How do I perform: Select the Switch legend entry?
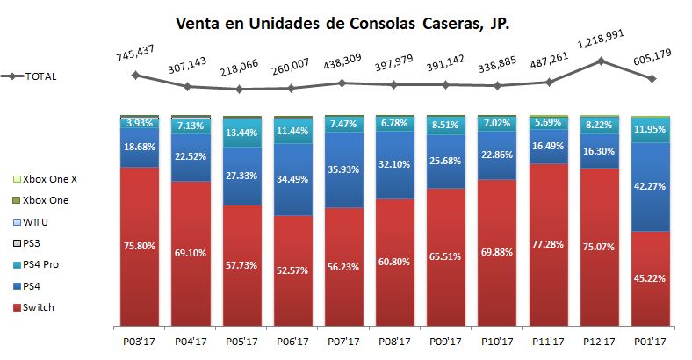pyautogui.click(x=35, y=306)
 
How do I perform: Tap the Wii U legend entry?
pyautogui.click(x=35, y=221)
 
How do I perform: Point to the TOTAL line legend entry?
pyautogui.click(x=31, y=76)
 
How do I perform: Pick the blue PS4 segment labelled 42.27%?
pyautogui.click(x=651, y=185)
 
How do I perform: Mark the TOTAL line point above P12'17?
pyautogui.click(x=600, y=61)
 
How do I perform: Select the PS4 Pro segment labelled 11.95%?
pyautogui.click(x=651, y=129)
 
